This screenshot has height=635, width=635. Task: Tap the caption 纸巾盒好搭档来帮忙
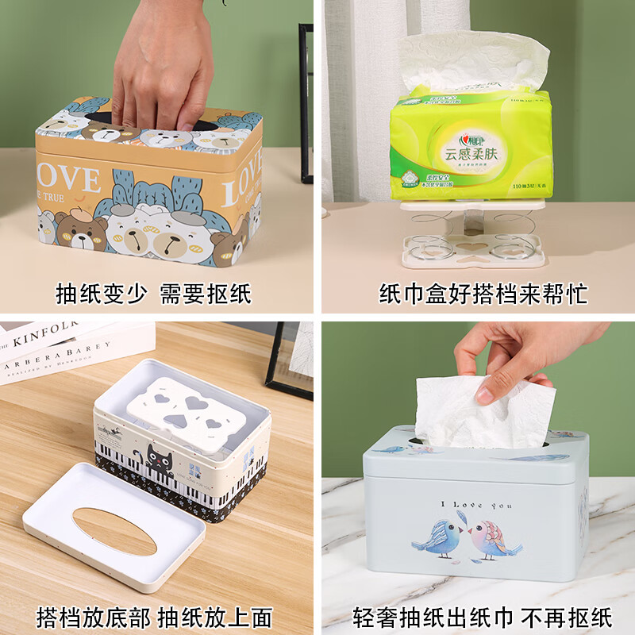pos(483,294)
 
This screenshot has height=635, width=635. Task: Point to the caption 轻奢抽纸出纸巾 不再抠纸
pos(483,617)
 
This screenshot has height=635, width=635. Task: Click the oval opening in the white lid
pos(114,529)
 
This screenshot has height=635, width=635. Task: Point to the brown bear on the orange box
pos(79,232)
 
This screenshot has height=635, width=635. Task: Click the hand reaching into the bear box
pos(163,67)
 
